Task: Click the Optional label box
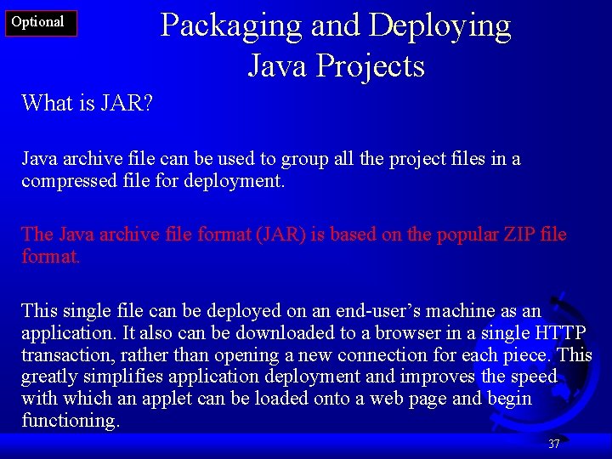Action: pos(40,23)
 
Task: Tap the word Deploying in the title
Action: pos(439,25)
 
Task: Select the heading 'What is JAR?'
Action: pos(87,103)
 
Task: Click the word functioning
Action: pos(71,421)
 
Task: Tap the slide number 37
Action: pos(554,444)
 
